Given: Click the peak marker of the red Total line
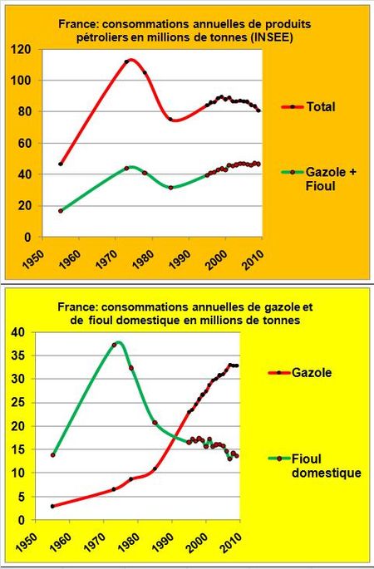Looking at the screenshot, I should click(126, 61).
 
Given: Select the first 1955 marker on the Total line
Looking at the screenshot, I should click(61, 164).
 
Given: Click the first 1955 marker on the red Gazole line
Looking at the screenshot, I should click(53, 506).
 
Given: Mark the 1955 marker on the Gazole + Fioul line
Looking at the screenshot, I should click(61, 211).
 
